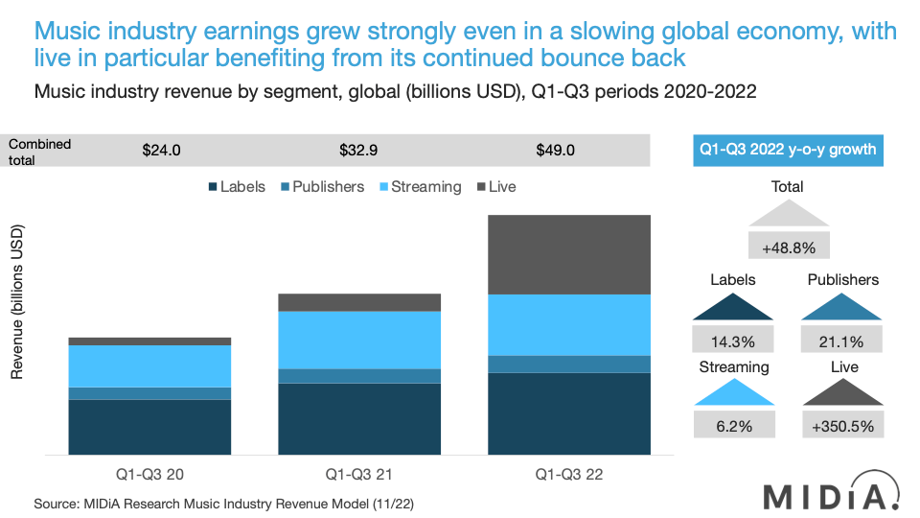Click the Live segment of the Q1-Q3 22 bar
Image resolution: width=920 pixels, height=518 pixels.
[569, 255]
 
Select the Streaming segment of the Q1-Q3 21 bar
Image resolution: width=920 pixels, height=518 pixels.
[359, 341]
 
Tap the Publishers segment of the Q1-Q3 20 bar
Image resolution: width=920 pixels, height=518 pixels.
[149, 393]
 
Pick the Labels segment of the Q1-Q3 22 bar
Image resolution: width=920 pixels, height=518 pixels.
[569, 413]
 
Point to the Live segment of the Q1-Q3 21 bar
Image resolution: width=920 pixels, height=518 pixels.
[359, 303]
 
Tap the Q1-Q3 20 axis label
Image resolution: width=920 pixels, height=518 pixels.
[149, 474]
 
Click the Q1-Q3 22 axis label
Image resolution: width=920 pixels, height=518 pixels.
[569, 474]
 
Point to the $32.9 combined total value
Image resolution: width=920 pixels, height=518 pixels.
[359, 151]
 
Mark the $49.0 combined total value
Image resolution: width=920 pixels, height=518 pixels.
[556, 151]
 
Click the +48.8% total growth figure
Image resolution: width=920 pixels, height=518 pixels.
[788, 247]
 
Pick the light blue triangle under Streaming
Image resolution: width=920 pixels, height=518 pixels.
[733, 392]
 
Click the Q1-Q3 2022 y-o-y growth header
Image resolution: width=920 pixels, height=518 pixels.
[788, 151]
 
